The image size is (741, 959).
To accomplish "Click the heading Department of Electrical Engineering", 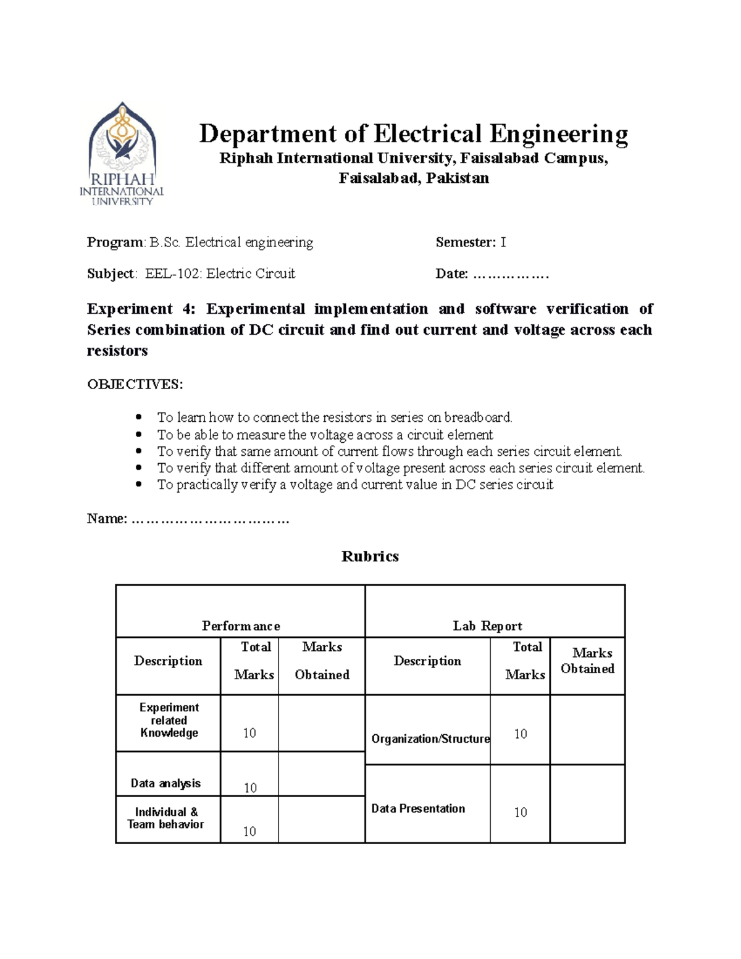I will pyautogui.click(x=413, y=134).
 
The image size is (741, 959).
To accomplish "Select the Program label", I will pyautogui.click(x=115, y=243).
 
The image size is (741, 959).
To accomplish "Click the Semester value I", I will pyautogui.click(x=503, y=243).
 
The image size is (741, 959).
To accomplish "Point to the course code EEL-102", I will pyautogui.click(x=173, y=274).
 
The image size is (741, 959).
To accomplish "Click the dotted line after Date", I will pyautogui.click(x=510, y=274).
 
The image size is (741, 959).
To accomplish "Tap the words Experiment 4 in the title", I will pyautogui.click(x=139, y=309).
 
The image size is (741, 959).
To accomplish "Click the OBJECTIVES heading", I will pyautogui.click(x=135, y=385).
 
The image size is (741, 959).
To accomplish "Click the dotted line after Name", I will pyautogui.click(x=210, y=519).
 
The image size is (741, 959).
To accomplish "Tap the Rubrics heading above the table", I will pyautogui.click(x=370, y=556).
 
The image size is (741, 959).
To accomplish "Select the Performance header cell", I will pyautogui.click(x=241, y=626).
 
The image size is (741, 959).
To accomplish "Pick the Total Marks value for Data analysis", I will pyautogui.click(x=250, y=787).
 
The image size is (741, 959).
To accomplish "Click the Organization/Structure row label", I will pyautogui.click(x=430, y=739).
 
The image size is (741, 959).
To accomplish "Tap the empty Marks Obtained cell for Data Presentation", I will pyautogui.click(x=587, y=804).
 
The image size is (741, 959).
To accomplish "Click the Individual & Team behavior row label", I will pyautogui.click(x=166, y=818).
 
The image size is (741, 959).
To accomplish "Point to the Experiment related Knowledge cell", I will pyautogui.click(x=169, y=720).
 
